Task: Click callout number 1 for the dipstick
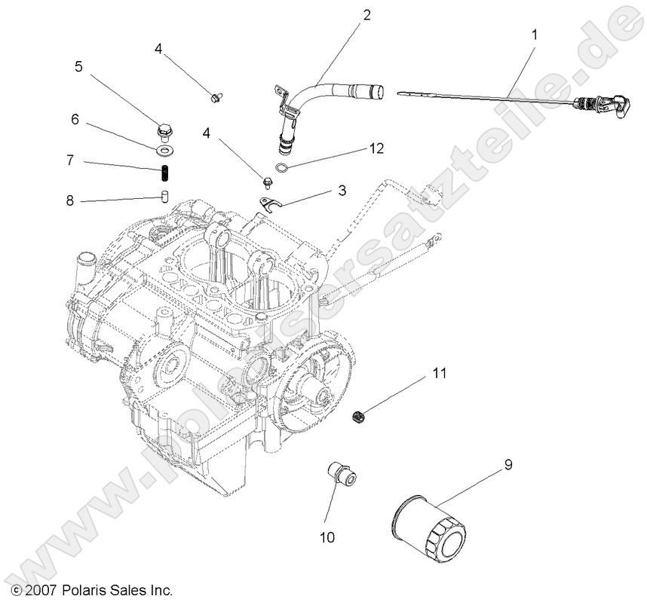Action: click(535, 34)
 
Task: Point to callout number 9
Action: click(507, 465)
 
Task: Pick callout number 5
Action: click(78, 66)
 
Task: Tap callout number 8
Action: click(70, 201)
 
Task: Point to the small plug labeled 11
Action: click(360, 415)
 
